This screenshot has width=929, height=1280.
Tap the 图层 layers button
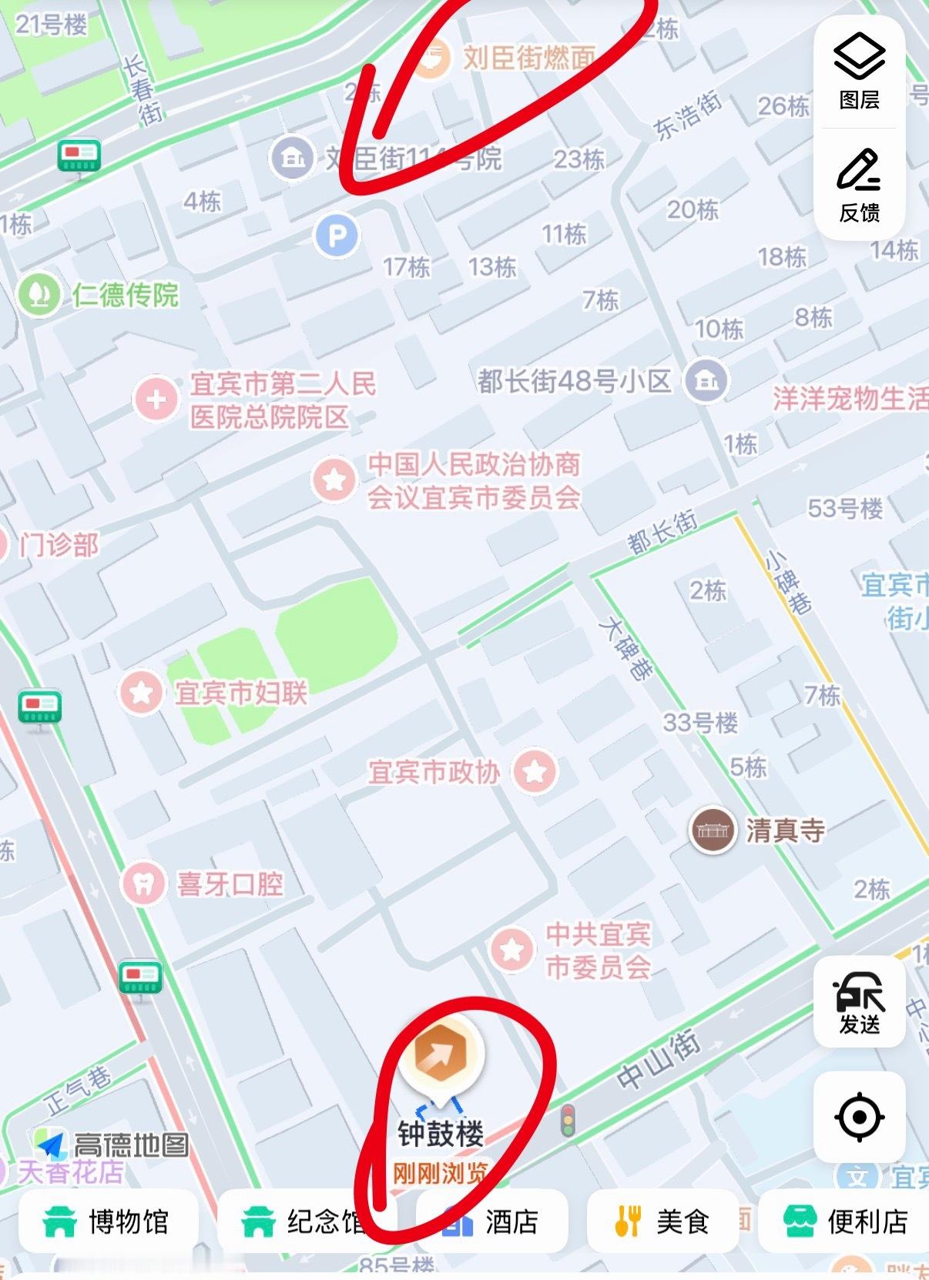coord(859,71)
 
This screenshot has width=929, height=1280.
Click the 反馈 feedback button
coord(859,185)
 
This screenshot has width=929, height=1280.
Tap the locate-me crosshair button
coord(859,1117)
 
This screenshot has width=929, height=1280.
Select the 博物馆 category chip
coord(108,1222)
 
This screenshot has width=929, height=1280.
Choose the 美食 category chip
coord(662,1222)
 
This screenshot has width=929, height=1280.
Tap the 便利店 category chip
coord(846,1222)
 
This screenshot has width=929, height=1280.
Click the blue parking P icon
coord(337,236)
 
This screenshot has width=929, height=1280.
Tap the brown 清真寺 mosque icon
coord(712,830)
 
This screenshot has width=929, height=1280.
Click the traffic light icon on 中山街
coord(568,1121)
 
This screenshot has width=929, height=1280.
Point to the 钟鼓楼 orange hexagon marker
coord(441,1056)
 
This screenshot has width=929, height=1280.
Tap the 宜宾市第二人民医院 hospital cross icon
coord(156,400)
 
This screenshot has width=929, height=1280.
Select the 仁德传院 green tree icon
coord(39,294)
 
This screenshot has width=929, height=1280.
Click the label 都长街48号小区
coord(574,381)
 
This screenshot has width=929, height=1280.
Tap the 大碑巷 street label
coord(626,647)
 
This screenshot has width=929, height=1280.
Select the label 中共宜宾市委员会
coord(598,951)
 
